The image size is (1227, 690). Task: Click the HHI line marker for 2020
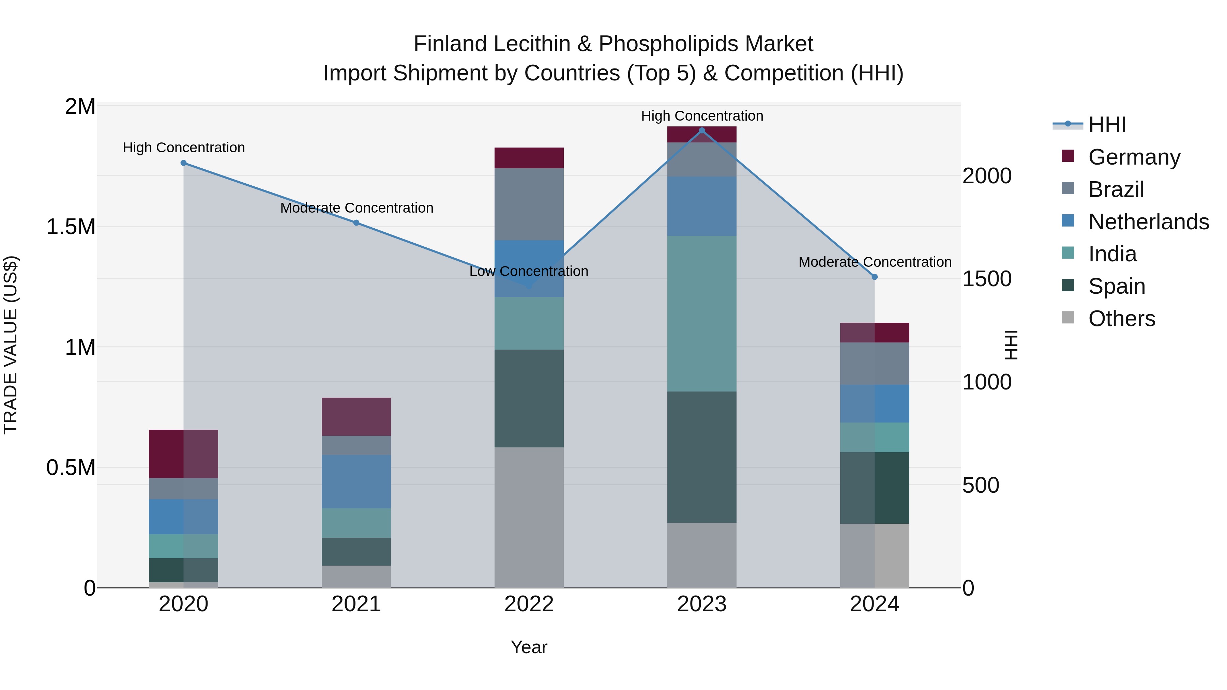click(x=183, y=163)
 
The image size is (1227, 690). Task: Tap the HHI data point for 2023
click(x=702, y=131)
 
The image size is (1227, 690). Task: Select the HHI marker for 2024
click(x=875, y=277)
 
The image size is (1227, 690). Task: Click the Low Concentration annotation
click(x=529, y=272)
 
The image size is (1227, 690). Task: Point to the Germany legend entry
click(x=1134, y=157)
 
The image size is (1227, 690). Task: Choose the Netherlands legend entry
click(x=1148, y=222)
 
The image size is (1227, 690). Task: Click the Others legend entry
click(x=1121, y=319)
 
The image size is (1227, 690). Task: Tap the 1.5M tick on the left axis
click(x=71, y=227)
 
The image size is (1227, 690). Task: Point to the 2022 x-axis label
click(x=529, y=604)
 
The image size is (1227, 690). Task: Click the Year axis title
click(x=529, y=647)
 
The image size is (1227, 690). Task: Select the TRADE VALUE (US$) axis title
click(x=11, y=345)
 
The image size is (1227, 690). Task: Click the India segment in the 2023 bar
click(x=702, y=313)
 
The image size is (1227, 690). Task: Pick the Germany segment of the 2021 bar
click(x=356, y=417)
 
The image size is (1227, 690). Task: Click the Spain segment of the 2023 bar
click(x=702, y=457)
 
